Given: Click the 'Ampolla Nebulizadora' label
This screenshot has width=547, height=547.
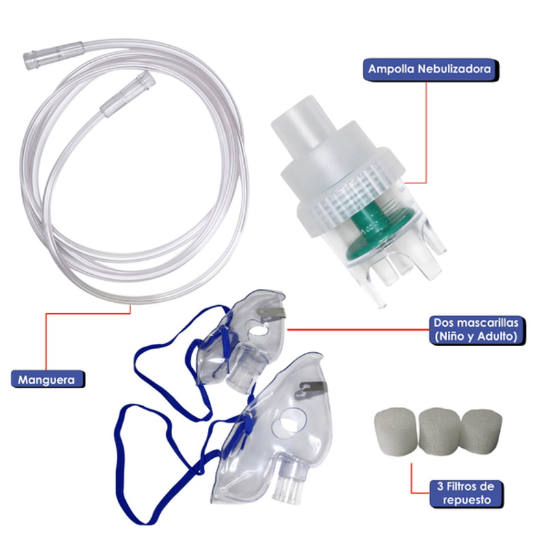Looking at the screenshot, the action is point(431,70).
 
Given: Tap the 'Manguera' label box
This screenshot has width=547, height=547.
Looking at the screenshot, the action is point(48,379).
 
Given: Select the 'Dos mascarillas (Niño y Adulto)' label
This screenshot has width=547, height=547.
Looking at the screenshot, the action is point(477,330).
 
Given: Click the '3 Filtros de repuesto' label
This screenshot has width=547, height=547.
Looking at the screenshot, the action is point(466,493).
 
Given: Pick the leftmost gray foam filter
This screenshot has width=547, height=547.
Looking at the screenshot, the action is point(395,431).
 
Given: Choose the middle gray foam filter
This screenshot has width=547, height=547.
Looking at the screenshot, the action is point(440,432).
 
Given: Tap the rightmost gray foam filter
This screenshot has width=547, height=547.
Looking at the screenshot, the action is point(481,432).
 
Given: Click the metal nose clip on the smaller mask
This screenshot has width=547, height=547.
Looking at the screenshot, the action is point(271,312).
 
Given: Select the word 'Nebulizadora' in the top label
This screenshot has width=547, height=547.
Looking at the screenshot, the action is point(454,69).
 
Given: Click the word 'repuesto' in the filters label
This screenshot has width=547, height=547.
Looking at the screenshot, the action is point(467,500).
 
